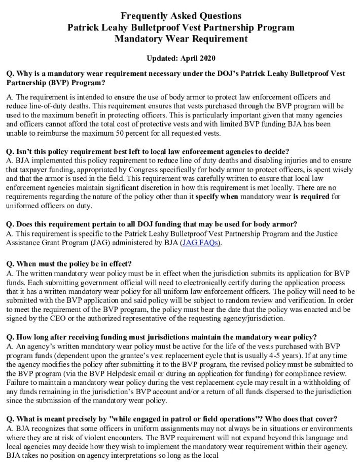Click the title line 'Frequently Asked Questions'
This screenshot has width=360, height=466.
tap(181, 16)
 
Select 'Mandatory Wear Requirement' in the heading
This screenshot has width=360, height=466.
tap(181, 38)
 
